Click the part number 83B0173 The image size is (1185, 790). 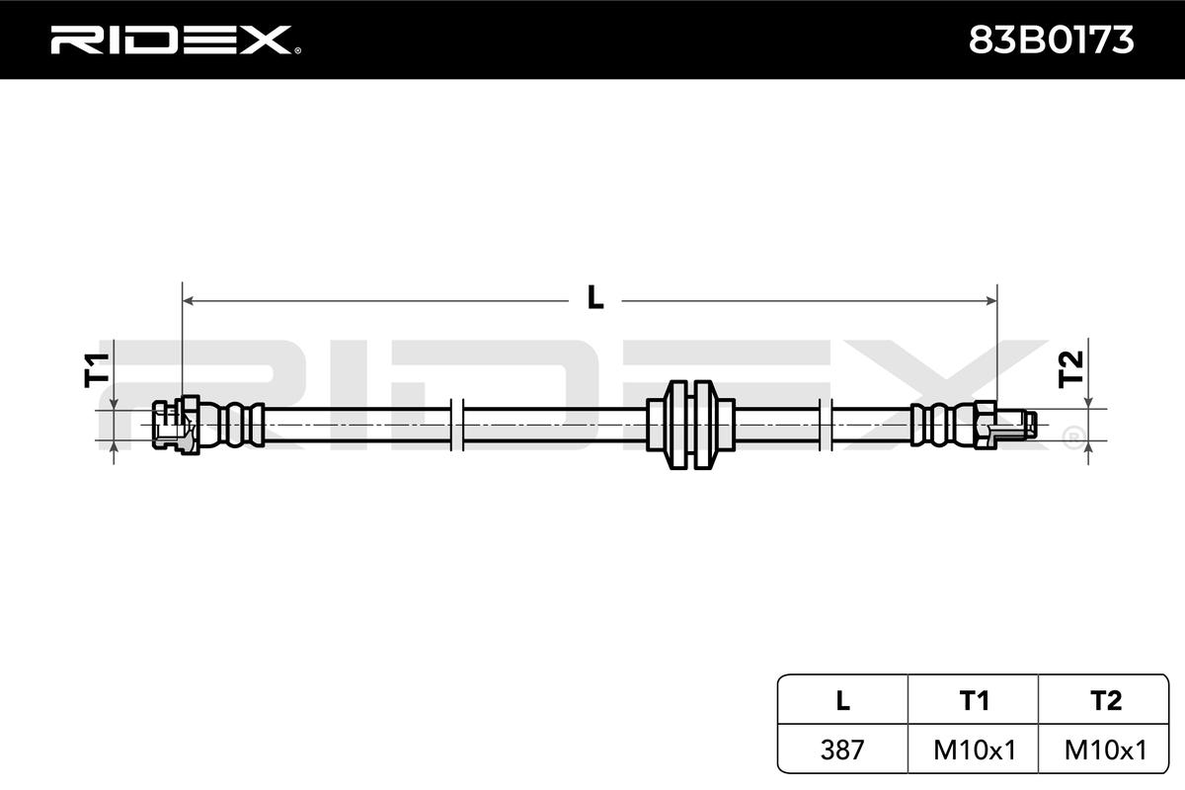(1050, 39)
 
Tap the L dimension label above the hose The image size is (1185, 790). (594, 297)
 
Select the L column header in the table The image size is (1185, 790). (842, 700)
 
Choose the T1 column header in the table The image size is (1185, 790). (974, 700)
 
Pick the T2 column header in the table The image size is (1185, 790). (1106, 700)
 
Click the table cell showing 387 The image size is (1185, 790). (842, 750)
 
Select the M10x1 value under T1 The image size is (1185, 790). (974, 750)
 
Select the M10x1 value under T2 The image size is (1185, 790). (1106, 750)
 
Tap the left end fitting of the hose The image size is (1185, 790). (175, 426)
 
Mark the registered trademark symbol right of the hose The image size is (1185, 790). (1071, 434)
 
